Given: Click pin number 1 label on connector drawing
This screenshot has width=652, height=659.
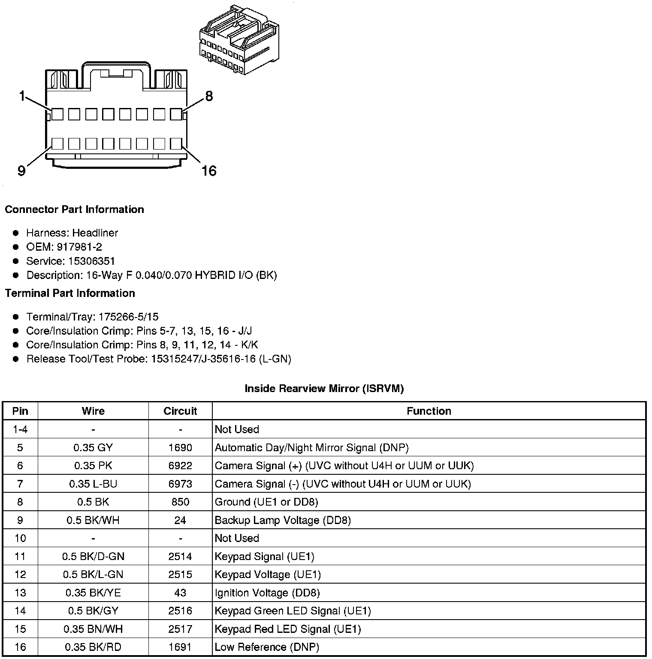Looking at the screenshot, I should (x=22, y=96).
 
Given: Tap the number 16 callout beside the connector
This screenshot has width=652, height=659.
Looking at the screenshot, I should (x=209, y=171).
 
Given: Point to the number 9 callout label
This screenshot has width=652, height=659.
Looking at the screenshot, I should (x=21, y=171).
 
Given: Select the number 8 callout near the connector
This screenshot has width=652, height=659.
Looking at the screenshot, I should (x=209, y=96).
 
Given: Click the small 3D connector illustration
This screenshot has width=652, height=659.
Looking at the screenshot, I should (x=238, y=40).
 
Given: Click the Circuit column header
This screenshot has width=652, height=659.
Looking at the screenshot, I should (x=180, y=411).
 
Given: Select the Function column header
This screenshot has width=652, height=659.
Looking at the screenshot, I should (x=429, y=411).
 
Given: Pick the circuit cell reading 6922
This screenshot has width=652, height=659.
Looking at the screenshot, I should (x=180, y=465).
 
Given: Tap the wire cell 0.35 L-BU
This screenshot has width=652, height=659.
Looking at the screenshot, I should (x=93, y=484).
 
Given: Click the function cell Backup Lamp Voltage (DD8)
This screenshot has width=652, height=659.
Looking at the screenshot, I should (x=283, y=520).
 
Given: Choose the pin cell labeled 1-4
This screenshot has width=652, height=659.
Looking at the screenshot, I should (x=20, y=429).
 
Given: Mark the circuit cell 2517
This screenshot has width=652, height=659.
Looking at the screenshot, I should (x=180, y=629).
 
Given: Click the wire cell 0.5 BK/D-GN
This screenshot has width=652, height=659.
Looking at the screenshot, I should (x=93, y=556).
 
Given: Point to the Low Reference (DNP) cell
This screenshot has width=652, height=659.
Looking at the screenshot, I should (x=267, y=647).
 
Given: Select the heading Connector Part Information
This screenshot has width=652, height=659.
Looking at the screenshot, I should (x=74, y=210).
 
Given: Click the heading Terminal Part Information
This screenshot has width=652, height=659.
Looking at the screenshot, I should (x=70, y=293).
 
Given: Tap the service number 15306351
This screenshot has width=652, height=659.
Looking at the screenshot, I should (x=91, y=261).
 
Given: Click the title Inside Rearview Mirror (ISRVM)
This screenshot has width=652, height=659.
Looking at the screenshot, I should (x=324, y=389).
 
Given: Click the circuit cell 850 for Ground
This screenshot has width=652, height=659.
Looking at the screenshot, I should (x=180, y=502).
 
